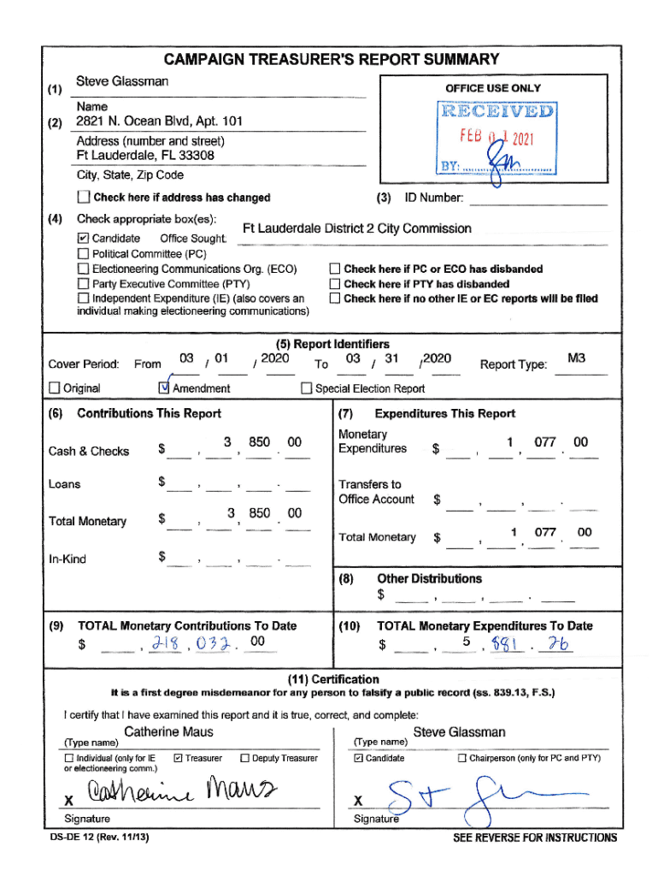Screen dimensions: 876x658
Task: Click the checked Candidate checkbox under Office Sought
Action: (83, 239)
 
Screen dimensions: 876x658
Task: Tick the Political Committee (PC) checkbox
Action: (83, 254)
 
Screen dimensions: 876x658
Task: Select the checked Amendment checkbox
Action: (165, 388)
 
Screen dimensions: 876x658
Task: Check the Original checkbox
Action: (55, 388)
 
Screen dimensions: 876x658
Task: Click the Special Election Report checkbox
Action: (307, 388)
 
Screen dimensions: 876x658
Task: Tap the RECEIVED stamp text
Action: (497, 111)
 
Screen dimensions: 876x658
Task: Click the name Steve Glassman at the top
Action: (122, 81)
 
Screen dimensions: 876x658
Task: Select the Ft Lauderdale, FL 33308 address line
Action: (145, 156)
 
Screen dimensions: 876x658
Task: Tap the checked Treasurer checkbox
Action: (178, 758)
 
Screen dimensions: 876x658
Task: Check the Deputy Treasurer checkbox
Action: (245, 758)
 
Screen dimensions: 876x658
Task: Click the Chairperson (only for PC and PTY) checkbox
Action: (462, 758)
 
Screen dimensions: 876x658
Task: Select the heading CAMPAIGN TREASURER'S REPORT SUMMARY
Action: (332, 59)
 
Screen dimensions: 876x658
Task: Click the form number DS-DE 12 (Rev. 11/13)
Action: (99, 838)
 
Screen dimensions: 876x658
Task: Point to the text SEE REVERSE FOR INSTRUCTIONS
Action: (534, 838)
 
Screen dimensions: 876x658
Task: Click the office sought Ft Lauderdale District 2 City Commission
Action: (357, 228)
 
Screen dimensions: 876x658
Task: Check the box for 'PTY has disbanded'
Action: (335, 284)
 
